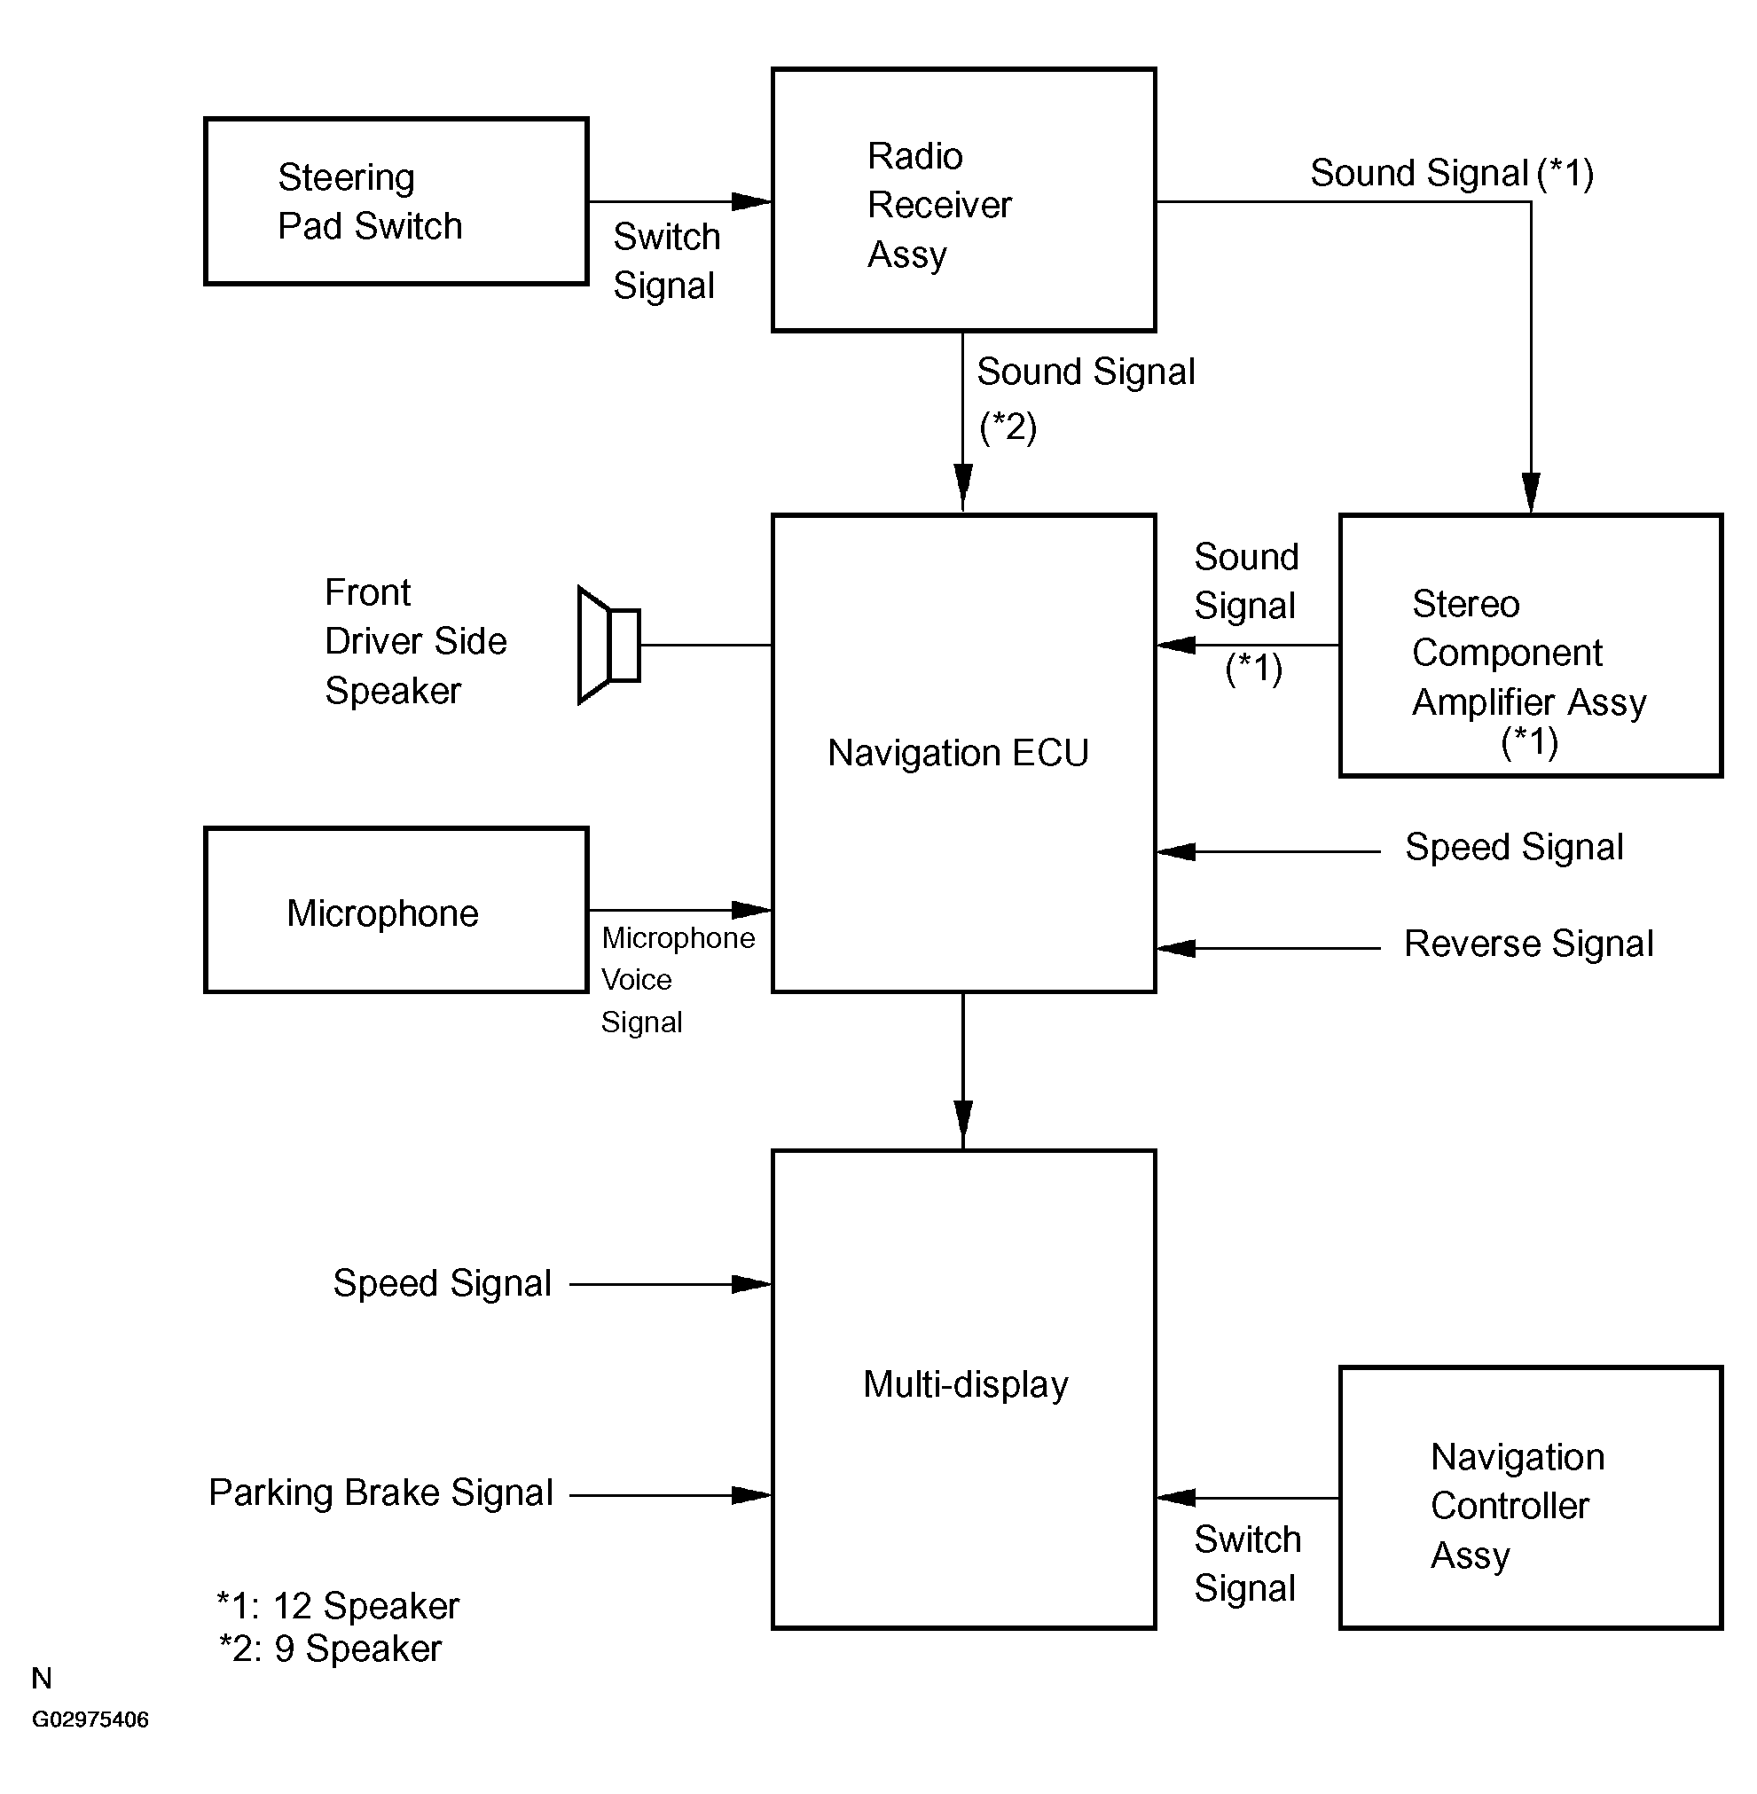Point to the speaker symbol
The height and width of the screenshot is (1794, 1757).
coord(609,644)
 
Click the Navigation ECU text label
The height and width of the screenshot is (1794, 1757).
coord(958,753)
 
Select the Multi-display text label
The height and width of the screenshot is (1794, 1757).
coord(965,1384)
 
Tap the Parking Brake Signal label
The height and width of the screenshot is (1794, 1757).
coord(380,1493)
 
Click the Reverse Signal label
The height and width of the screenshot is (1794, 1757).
coord(1528,944)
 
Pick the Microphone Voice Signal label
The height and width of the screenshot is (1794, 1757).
coord(678,980)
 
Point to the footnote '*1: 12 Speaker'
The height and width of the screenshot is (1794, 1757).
coord(338,1607)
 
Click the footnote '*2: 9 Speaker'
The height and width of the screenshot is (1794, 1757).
coord(330,1649)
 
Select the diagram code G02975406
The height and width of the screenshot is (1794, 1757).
coord(90,1720)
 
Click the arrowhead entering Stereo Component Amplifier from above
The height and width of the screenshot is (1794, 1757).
coord(1531,493)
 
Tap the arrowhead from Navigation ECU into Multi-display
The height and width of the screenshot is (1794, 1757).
coord(963,1125)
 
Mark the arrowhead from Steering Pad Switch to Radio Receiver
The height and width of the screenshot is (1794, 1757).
coord(751,201)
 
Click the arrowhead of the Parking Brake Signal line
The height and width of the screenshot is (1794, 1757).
coord(751,1495)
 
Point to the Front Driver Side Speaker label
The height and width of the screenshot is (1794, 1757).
coord(415,641)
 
